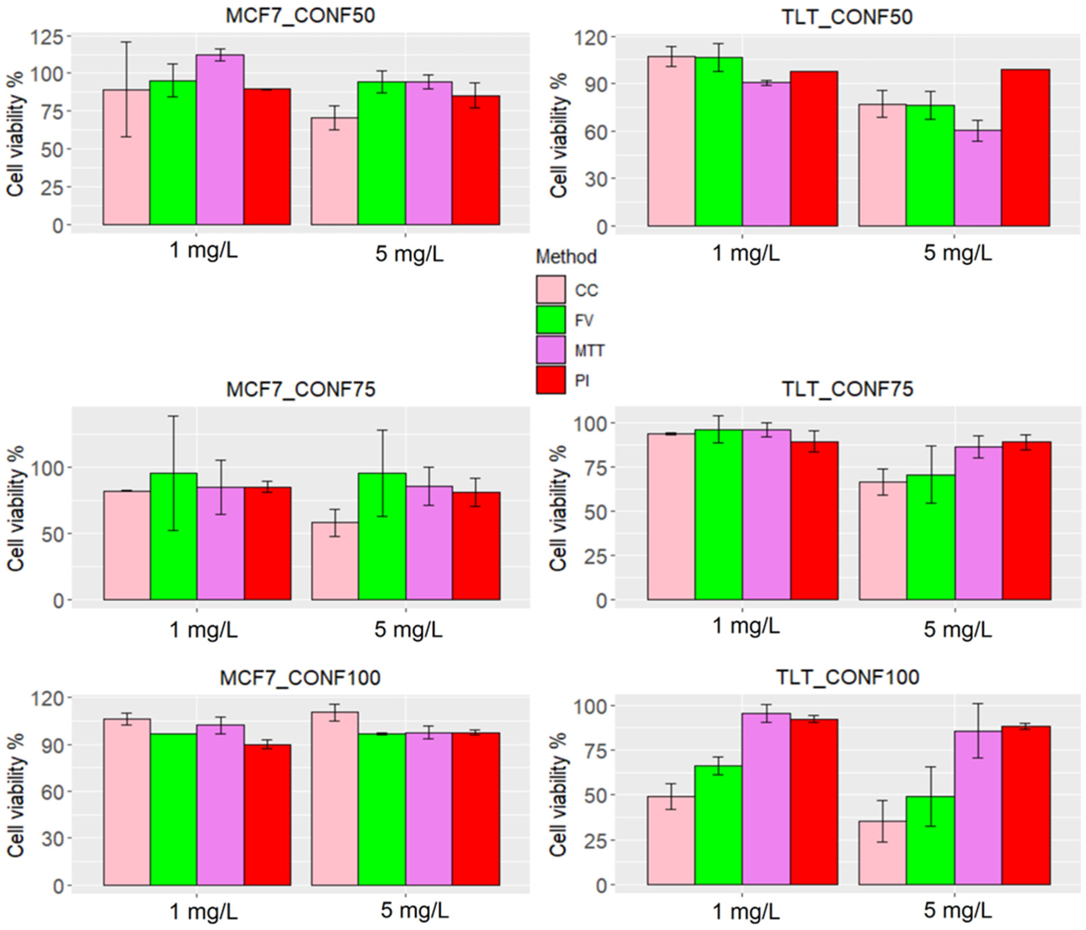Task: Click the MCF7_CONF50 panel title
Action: (300, 16)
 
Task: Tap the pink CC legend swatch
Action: (550, 289)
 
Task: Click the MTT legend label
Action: (589, 350)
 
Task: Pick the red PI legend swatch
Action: (550, 380)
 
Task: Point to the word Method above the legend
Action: (566, 256)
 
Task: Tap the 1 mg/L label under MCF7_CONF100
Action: (203, 913)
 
